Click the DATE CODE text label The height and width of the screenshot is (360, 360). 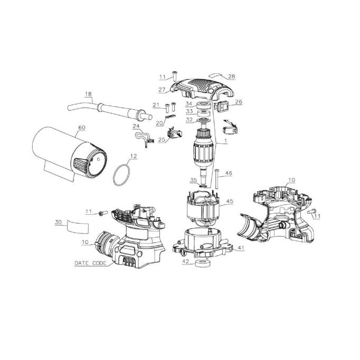[90, 263]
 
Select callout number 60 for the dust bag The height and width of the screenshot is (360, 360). [82, 127]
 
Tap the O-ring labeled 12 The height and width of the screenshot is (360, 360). [122, 175]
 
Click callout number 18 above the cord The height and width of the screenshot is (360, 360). [88, 94]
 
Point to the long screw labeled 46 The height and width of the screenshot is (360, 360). [216, 178]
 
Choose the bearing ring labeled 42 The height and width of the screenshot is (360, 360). [203, 264]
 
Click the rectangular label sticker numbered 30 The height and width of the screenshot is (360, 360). [78, 226]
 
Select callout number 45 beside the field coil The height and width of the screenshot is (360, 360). [230, 201]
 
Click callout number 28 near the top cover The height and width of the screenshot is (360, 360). [232, 77]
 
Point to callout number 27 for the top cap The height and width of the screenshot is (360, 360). [162, 90]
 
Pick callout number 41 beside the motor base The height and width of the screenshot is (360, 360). [241, 248]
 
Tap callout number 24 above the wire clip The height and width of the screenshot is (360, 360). [136, 126]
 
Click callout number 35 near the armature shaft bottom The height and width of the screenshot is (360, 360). [193, 180]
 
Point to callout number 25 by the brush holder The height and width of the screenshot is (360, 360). [162, 140]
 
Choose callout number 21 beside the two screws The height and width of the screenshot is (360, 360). [156, 105]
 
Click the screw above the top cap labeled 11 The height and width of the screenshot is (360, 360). [175, 76]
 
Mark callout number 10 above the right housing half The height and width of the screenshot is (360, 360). [291, 180]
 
